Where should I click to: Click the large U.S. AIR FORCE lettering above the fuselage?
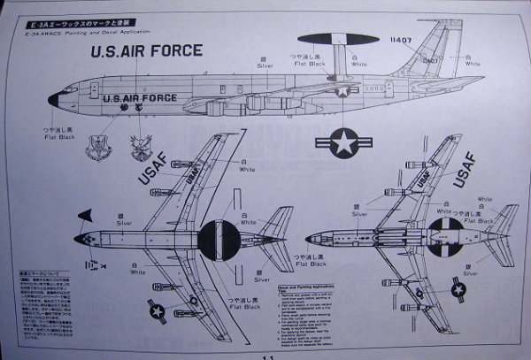tap(147, 51)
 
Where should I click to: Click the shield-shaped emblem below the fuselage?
tap(97, 147)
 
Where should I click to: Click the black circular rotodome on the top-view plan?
tap(218, 239)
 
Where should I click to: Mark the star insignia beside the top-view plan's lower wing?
tap(155, 310)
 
